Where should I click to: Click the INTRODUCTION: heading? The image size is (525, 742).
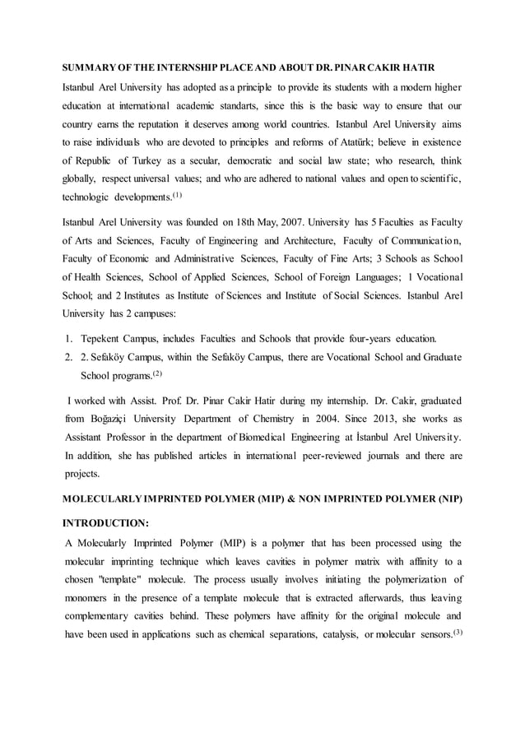point(106,522)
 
